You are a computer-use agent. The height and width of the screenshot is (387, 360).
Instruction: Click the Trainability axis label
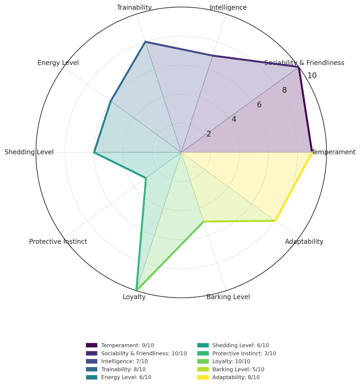(x=134, y=8)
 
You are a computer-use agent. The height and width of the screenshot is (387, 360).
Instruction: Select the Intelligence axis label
(x=228, y=8)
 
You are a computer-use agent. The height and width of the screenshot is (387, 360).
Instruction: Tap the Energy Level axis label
(x=58, y=63)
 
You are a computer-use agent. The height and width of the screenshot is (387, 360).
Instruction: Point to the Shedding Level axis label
(x=29, y=152)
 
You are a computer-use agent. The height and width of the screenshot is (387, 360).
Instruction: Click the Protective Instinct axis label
(x=58, y=242)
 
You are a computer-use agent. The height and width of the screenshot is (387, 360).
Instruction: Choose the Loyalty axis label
(x=134, y=297)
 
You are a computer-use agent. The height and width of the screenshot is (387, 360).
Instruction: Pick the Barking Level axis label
(x=228, y=297)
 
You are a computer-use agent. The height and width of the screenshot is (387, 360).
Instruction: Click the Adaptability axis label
(x=304, y=242)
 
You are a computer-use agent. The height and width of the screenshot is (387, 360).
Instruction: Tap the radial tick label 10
(x=312, y=76)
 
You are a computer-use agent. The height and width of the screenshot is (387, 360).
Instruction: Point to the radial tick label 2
(x=209, y=134)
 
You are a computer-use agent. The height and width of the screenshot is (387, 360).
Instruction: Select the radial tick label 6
(x=259, y=105)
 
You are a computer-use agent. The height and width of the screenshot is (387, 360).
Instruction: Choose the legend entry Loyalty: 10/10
(x=231, y=361)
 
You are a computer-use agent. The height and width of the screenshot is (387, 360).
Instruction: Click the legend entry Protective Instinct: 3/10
(x=244, y=354)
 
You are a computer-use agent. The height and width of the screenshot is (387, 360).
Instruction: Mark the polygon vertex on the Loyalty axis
(x=136, y=290)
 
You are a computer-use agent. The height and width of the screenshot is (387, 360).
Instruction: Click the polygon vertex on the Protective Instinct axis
(x=146, y=178)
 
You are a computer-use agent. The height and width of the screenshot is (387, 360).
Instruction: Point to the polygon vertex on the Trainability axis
(x=145, y=42)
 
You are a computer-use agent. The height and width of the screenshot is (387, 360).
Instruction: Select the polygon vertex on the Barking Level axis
(x=204, y=221)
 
